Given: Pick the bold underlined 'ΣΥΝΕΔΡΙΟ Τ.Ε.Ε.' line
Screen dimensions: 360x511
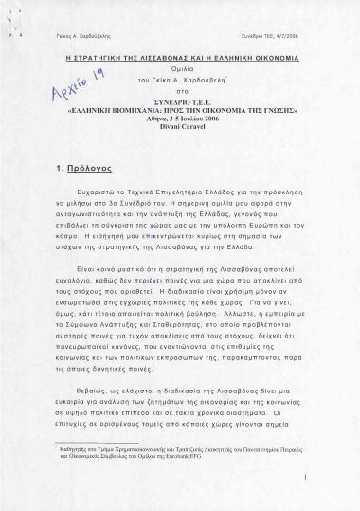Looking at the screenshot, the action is coord(180,111).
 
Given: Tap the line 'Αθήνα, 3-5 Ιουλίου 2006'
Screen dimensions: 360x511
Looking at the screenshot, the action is coord(180,131).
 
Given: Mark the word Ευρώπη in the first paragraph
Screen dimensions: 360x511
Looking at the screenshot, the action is coord(285,228).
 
